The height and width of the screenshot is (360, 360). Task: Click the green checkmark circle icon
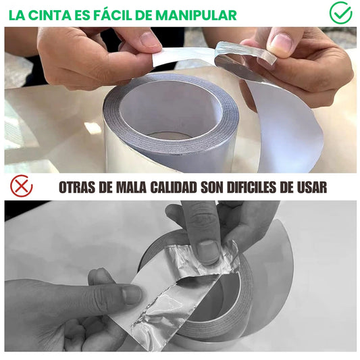click(340, 13)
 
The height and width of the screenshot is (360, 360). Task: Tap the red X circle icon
click(22, 186)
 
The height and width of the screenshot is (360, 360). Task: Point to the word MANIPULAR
click(196, 16)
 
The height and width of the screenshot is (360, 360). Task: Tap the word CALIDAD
click(174, 187)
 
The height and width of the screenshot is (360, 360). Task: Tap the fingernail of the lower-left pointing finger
click(131, 294)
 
